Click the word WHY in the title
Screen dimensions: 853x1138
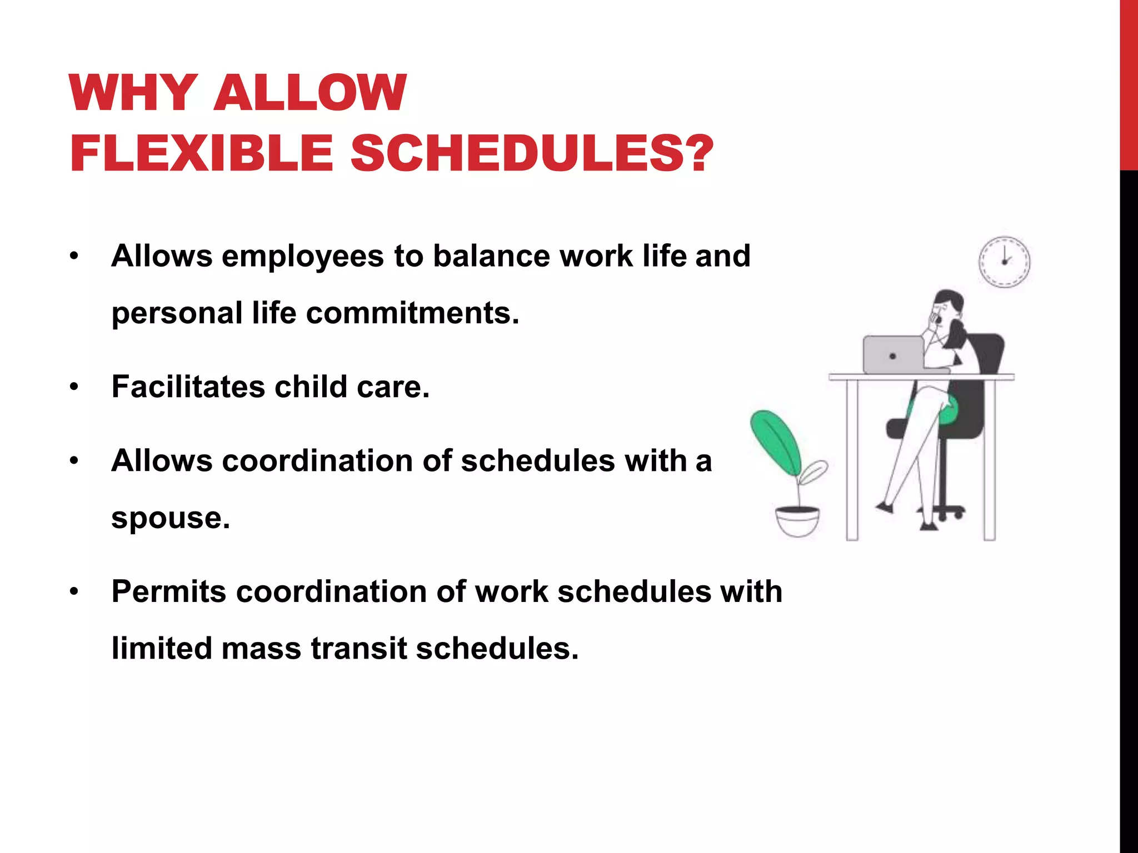point(133,93)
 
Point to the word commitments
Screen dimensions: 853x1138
point(412,313)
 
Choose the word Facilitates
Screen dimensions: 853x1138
point(188,387)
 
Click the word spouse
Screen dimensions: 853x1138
point(170,518)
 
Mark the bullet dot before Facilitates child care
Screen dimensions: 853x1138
point(74,387)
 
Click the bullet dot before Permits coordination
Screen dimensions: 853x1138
point(74,592)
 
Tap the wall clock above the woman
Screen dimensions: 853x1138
point(1004,262)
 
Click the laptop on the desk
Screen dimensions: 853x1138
point(892,355)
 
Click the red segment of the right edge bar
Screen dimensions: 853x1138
point(1129,83)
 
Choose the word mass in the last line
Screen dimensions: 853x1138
point(261,648)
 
